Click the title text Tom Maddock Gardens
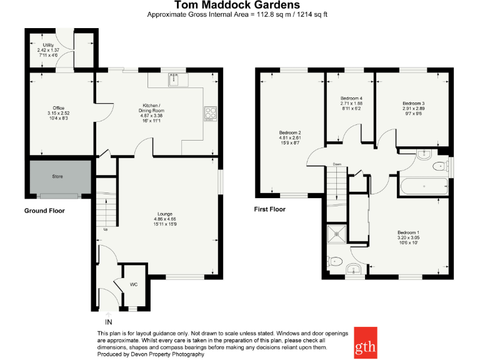tap(240, 6)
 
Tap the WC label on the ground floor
tap(133, 285)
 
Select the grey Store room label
tap(57, 177)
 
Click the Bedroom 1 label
tap(408, 237)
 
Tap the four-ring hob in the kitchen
tap(209, 113)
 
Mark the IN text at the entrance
tap(109, 322)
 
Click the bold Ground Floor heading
tap(44, 211)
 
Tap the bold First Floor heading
tap(269, 209)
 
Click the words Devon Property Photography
tap(169, 354)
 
